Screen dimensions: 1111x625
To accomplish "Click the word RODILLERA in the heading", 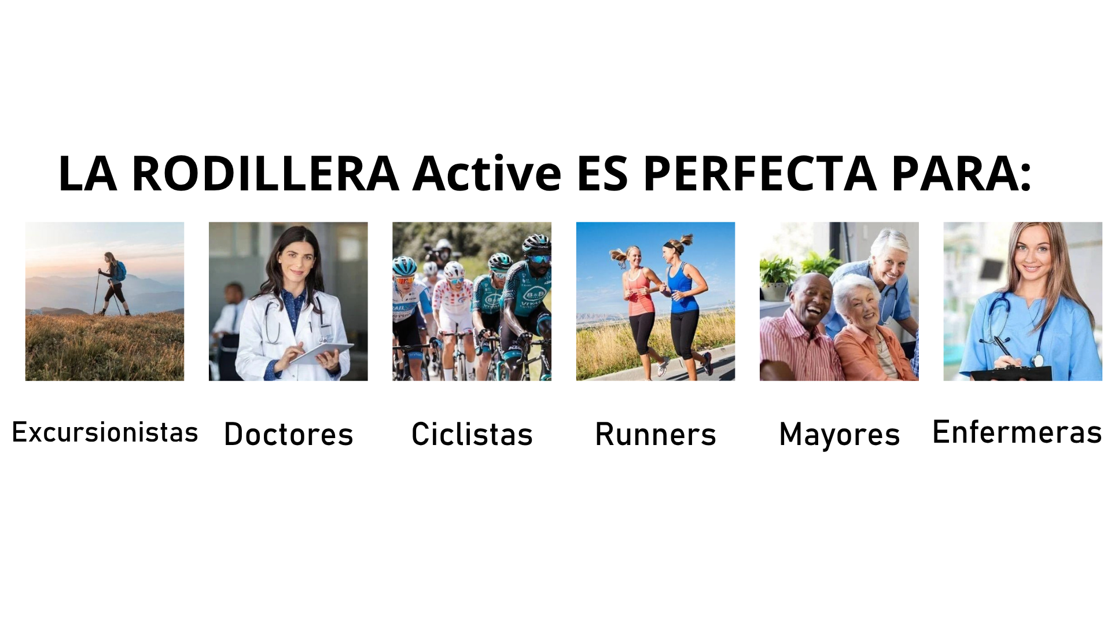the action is point(266,173).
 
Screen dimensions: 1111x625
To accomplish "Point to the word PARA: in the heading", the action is point(961,173).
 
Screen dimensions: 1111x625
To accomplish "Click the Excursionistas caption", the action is point(105,432).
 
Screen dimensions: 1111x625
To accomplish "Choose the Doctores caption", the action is point(288,434).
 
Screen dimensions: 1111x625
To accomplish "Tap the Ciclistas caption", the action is point(472,434).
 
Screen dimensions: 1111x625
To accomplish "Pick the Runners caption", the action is point(656,434).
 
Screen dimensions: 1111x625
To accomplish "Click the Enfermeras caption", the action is point(1017,432).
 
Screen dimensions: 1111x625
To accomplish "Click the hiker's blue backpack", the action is point(120,271).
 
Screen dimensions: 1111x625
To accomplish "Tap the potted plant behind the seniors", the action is point(778,278).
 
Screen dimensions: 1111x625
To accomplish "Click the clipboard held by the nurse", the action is point(1010,373).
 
